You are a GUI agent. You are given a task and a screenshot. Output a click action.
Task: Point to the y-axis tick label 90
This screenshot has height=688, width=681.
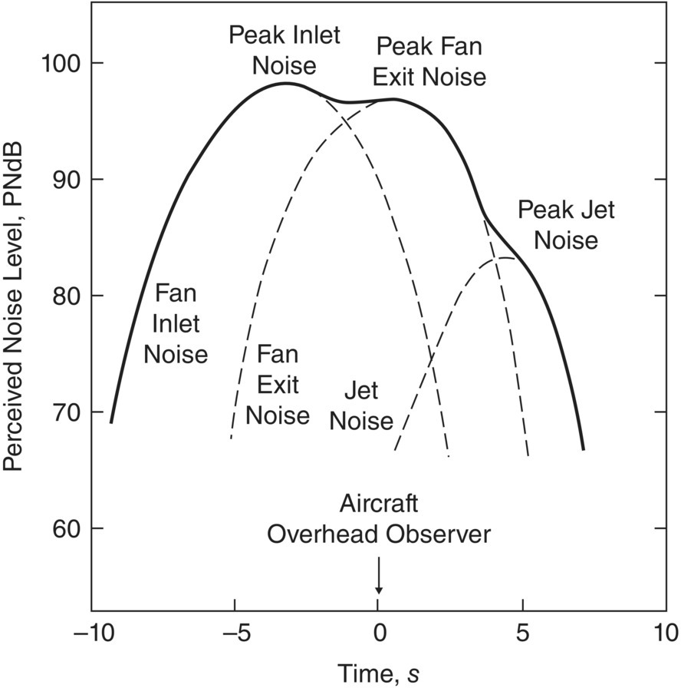(67, 179)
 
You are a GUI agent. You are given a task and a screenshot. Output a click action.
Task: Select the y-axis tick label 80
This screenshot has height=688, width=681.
(67, 296)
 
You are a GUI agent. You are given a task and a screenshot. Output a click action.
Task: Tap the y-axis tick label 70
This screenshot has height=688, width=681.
(67, 412)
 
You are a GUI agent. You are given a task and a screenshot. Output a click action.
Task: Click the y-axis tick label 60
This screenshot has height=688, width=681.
(67, 528)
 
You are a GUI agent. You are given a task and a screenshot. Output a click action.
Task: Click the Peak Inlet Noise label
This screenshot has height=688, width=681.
(284, 50)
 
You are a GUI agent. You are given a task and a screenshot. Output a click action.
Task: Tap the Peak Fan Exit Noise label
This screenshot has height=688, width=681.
(429, 62)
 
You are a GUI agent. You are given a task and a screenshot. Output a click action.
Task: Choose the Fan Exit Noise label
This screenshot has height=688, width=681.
(277, 385)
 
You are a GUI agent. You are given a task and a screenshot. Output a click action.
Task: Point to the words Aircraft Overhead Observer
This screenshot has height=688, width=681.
(378, 519)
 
